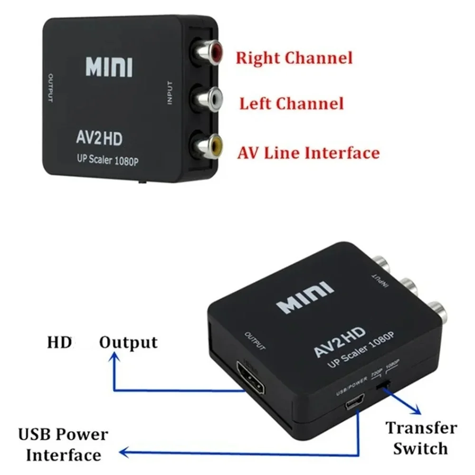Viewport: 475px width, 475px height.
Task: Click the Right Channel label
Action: pyautogui.click(x=294, y=58)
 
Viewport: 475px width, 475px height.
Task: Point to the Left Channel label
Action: pyautogui.click(x=291, y=104)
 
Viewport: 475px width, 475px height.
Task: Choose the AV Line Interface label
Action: pyautogui.click(x=309, y=152)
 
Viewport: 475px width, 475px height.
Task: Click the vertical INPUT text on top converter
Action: pyautogui.click(x=170, y=93)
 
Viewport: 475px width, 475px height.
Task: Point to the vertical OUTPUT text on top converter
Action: pyautogui.click(x=50, y=88)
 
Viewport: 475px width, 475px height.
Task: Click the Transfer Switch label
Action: pyautogui.click(x=421, y=437)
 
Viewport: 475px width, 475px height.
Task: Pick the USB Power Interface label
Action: pyautogui.click(x=63, y=445)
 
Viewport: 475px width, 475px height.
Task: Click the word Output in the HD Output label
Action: pyautogui.click(x=128, y=343)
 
